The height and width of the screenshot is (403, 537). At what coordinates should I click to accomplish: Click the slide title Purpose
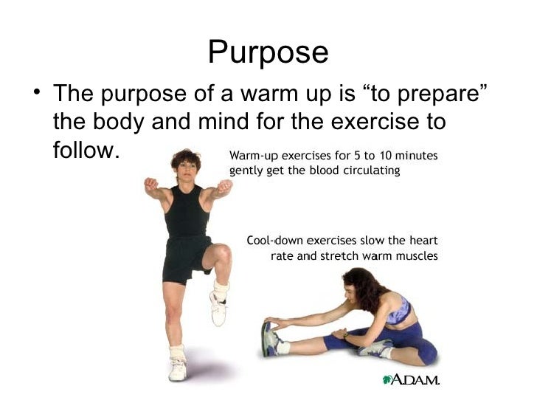268,52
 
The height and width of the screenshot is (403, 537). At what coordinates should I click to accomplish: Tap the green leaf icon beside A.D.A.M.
386,379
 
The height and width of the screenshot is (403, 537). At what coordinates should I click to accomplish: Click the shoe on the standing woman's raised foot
218,306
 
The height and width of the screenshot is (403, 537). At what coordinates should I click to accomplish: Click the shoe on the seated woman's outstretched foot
271,338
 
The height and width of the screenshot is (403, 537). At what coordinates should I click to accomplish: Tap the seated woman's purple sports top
398,310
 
